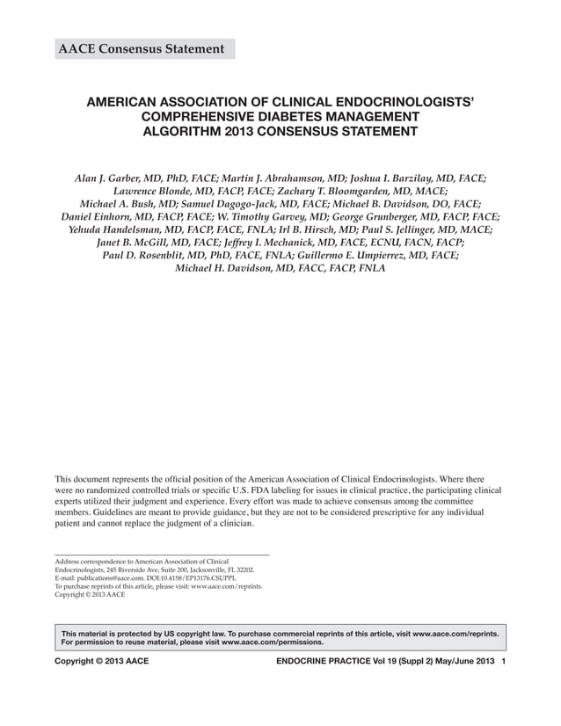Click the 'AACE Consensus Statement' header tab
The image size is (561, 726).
tap(141, 48)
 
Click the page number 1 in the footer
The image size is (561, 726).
tap(503, 660)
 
